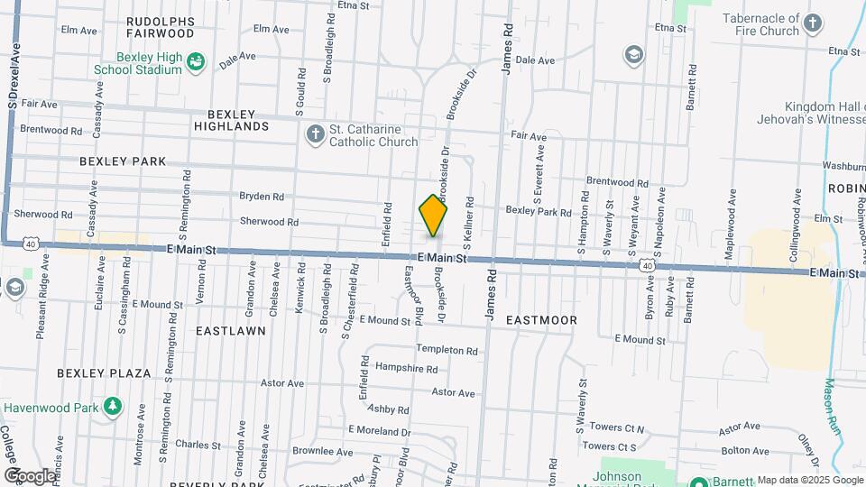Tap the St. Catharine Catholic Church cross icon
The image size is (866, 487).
click(x=315, y=135)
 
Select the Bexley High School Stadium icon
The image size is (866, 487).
click(x=195, y=62)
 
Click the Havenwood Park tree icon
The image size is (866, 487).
click(x=112, y=408)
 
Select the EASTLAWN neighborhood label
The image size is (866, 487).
click(x=231, y=331)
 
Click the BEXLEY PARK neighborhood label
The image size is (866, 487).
click(x=123, y=161)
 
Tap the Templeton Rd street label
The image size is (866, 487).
click(x=446, y=349)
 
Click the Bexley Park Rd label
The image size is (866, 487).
click(x=539, y=213)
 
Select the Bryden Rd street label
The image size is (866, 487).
click(x=262, y=196)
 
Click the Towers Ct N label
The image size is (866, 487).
click(x=613, y=428)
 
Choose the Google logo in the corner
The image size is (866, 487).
click(x=29, y=475)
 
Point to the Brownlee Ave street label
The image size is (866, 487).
click(x=322, y=451)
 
